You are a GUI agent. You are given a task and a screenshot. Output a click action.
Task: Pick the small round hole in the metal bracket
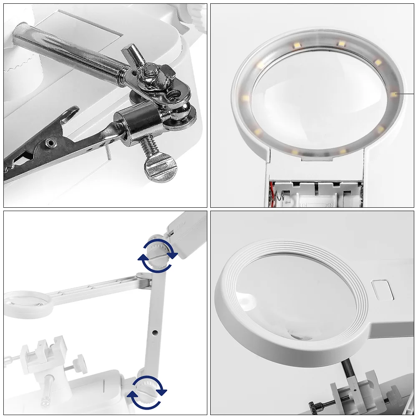(171, 94)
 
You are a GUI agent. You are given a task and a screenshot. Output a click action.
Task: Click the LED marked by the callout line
(394, 94)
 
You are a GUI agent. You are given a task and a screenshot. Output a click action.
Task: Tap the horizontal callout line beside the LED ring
(406, 94)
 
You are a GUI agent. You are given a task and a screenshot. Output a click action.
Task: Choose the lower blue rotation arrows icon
(147, 393)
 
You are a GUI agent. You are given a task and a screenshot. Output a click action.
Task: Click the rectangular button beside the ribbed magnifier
(382, 289)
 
